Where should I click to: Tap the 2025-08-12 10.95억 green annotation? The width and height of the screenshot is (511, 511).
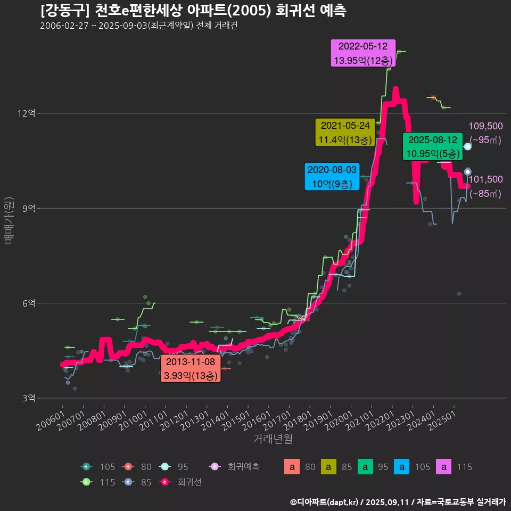(x=432, y=147)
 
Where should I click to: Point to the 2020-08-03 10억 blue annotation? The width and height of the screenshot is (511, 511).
(x=332, y=177)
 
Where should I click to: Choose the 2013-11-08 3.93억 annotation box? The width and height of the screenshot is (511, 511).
(x=191, y=369)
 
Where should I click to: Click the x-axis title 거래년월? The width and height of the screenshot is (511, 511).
(x=273, y=439)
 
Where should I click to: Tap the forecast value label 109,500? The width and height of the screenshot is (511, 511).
(x=485, y=126)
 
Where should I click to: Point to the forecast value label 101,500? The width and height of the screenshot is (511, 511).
(x=485, y=179)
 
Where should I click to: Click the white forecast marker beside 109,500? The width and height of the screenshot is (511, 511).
(x=467, y=146)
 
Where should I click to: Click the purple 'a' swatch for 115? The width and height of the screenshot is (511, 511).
(x=445, y=467)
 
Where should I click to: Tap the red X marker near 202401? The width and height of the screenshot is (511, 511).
(x=433, y=97)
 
